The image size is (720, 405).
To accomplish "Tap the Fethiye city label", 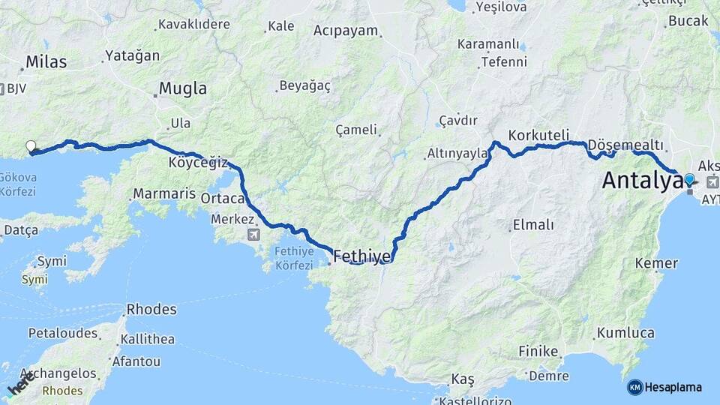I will pyautogui.click(x=361, y=256).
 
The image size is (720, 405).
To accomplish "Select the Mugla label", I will pyautogui.click(x=183, y=88).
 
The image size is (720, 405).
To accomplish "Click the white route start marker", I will pyautogui.click(x=31, y=146).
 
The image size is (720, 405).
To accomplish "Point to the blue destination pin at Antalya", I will pyautogui.click(x=689, y=179).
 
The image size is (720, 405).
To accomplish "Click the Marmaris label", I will pyautogui.click(x=158, y=194).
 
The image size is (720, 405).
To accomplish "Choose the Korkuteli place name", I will pyautogui.click(x=539, y=136).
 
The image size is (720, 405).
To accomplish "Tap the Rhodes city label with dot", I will pyautogui.click(x=151, y=309).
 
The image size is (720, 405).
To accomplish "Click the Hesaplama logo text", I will pyautogui.click(x=673, y=387).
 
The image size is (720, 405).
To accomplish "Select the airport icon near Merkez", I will pyautogui.click(x=254, y=235).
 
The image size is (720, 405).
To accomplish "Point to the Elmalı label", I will pyautogui.click(x=532, y=224).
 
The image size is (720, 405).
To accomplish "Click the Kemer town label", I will pyautogui.click(x=656, y=263).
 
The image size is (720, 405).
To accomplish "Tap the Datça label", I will pyautogui.click(x=21, y=229).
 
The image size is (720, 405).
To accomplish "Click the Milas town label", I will pyautogui.click(x=46, y=61).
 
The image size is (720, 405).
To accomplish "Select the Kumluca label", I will pyautogui.click(x=626, y=332).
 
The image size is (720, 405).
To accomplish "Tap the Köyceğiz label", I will pyautogui.click(x=198, y=162).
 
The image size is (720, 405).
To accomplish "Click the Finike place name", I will pyautogui.click(x=538, y=351).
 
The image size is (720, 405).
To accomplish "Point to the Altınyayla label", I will pyautogui.click(x=457, y=154).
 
